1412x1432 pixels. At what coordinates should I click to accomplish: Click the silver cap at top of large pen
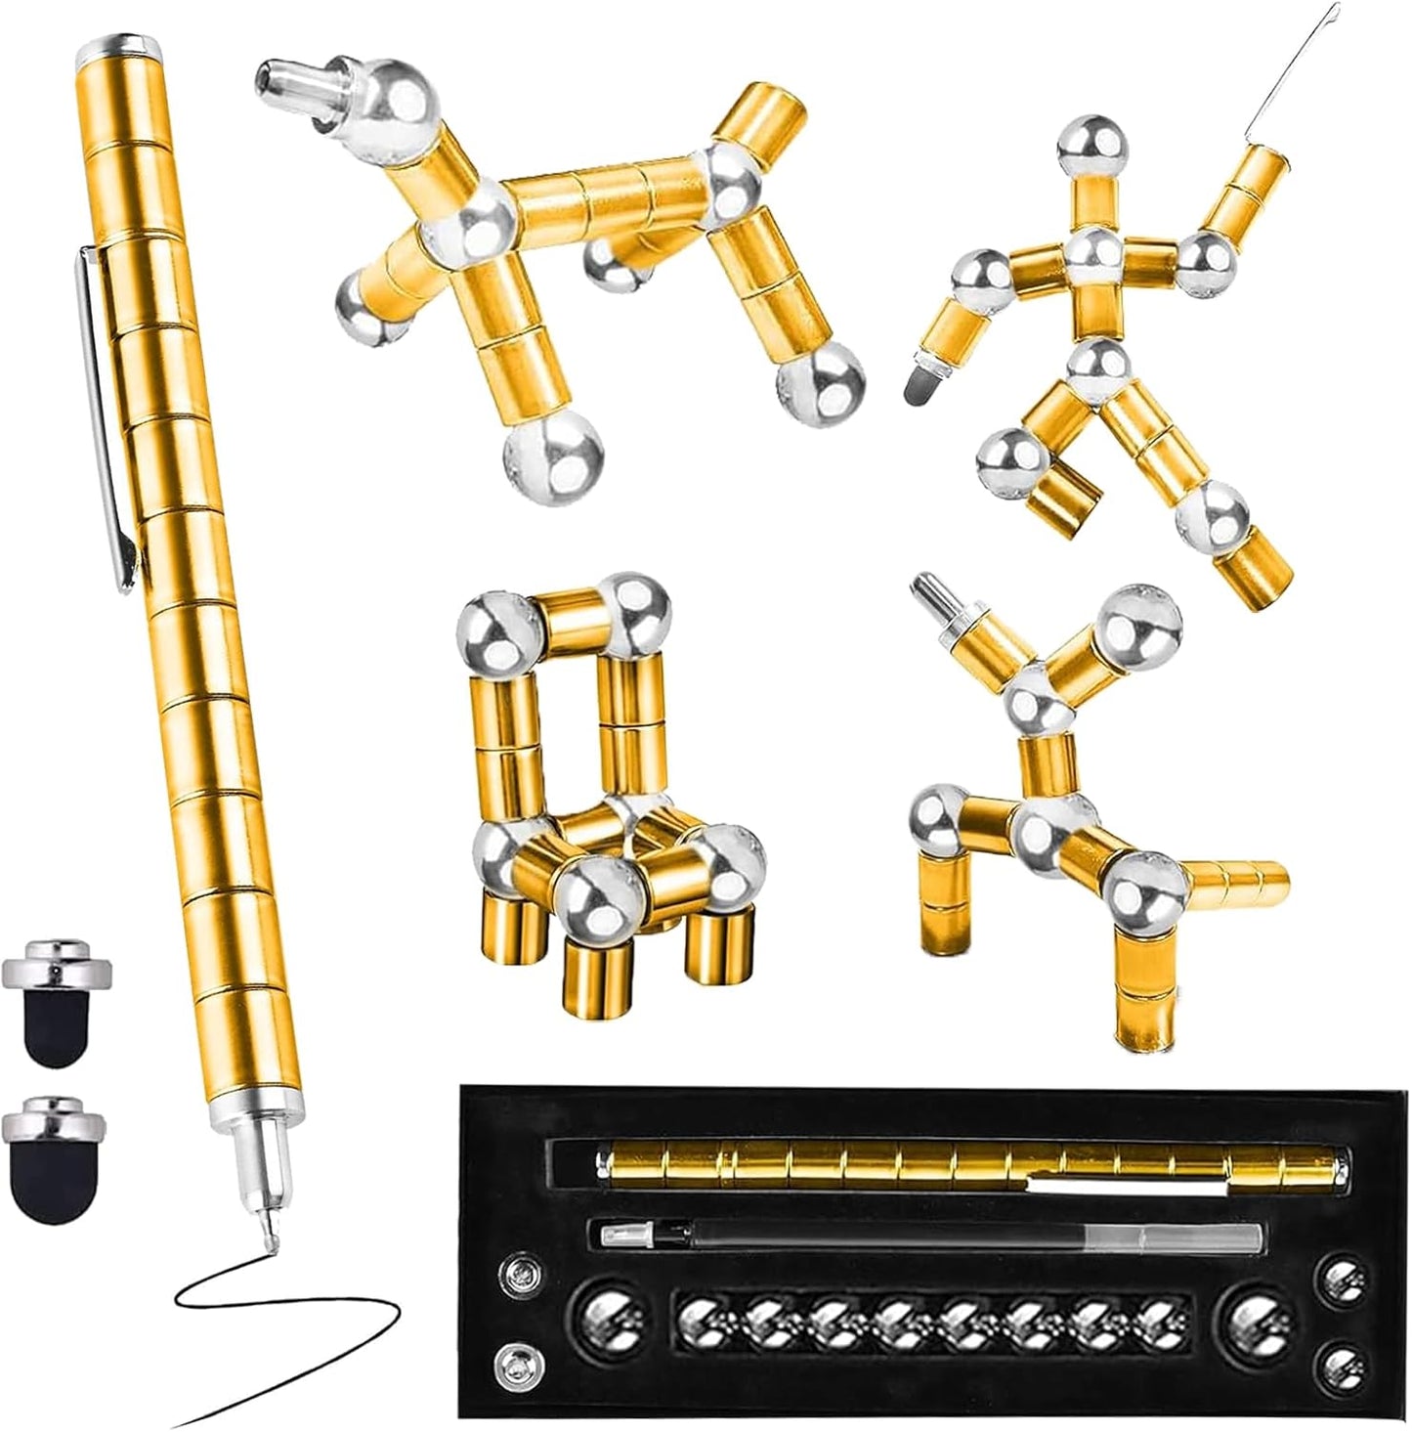[120, 46]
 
